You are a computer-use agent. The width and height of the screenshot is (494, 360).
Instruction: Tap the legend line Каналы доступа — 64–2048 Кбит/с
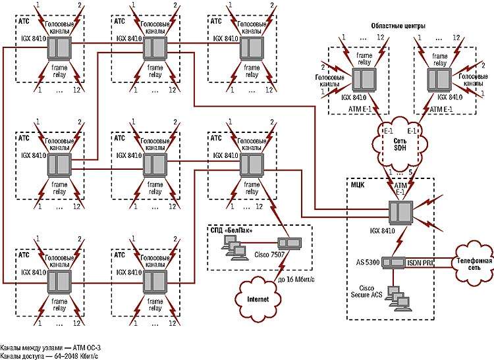tap(50, 355)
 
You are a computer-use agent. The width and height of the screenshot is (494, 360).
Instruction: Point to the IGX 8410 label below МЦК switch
tap(399, 232)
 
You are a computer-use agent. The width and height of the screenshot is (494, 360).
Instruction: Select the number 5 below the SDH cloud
tap(412, 172)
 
